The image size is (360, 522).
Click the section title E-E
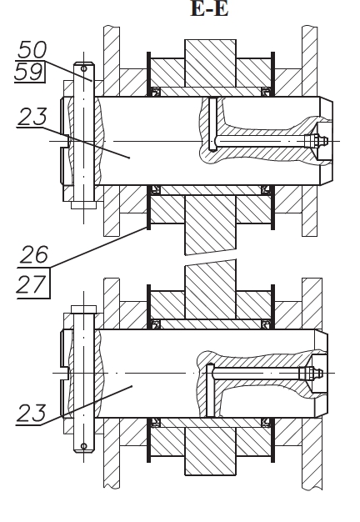coord(209,8)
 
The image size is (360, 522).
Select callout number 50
coord(32,49)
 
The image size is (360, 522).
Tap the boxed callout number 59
coord(29,72)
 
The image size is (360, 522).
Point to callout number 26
coord(34,254)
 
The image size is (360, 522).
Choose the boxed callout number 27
coord(32,284)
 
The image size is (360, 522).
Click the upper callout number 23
coord(32,117)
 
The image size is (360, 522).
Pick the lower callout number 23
coord(31,413)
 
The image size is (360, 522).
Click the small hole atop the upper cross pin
coord(84,68)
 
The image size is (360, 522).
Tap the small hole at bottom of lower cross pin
coord(84,446)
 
